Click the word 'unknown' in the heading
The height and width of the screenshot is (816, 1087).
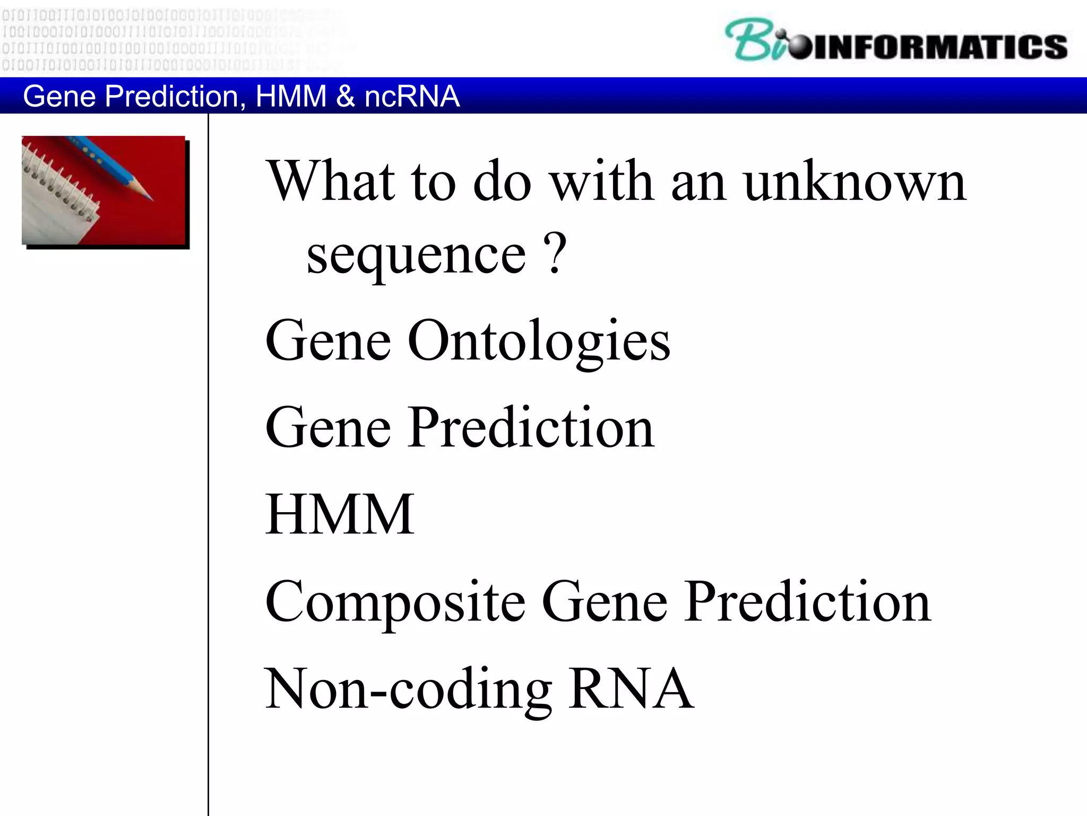pos(855,182)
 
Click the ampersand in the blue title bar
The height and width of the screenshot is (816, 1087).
pos(345,97)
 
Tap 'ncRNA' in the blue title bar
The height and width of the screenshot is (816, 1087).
pos(412,97)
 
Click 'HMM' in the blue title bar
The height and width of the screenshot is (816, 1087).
pos(291,97)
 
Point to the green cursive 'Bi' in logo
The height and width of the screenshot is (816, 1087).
pos(754,40)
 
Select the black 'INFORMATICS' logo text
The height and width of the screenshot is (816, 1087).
pos(939,47)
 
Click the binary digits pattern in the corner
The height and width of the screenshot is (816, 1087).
pos(159,37)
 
